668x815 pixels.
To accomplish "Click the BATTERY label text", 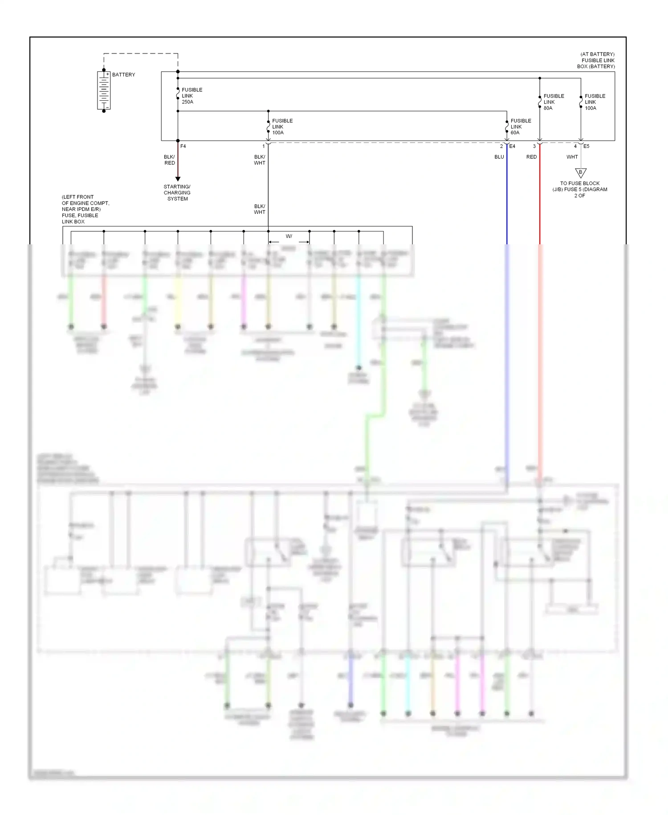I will (x=123, y=74).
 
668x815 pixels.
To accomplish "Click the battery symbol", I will (x=104, y=91).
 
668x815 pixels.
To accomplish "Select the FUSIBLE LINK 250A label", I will (x=191, y=96).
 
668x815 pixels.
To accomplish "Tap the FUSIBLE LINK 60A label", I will (x=520, y=127).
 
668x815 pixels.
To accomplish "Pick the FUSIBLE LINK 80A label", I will (x=553, y=102).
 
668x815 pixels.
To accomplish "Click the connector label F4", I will (x=183, y=146).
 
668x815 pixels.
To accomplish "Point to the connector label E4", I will (x=512, y=146).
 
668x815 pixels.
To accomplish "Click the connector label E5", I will (x=586, y=146).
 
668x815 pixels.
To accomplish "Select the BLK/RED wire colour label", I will (x=169, y=160).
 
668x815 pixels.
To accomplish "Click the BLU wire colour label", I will (x=499, y=157).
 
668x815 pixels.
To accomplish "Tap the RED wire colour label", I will (x=531, y=157).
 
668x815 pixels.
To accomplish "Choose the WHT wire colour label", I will (x=572, y=157).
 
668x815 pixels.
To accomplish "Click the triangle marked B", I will (x=580, y=173).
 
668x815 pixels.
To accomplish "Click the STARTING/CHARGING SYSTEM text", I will (x=177, y=193).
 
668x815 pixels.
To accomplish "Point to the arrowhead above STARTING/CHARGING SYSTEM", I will (x=178, y=179).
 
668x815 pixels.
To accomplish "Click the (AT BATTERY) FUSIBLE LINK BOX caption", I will (x=596, y=60).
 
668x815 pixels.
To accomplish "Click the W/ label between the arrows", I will (x=289, y=236).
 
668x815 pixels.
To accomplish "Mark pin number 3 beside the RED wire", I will (x=534, y=146).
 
